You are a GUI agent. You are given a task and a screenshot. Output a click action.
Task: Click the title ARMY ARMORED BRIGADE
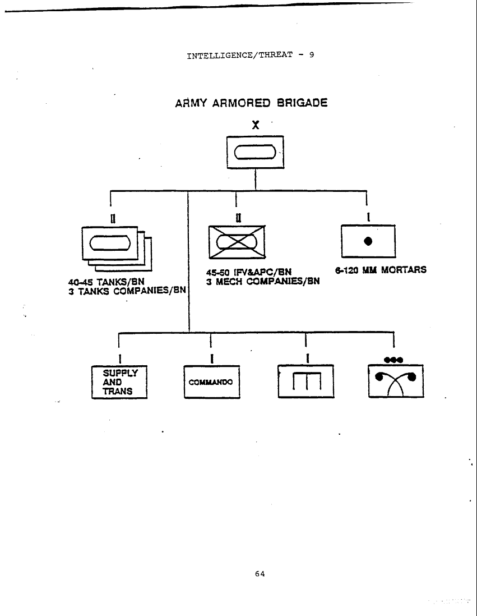coord(251,103)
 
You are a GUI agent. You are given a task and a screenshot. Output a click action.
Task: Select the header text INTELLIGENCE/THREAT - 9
coord(250,56)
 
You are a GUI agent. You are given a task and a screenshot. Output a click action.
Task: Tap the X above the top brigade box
coord(256,126)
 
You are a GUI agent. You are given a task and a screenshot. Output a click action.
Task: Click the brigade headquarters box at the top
coord(255,152)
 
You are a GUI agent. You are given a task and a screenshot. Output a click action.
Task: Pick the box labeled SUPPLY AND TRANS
coord(119,382)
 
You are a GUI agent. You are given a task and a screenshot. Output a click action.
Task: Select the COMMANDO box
coord(211,382)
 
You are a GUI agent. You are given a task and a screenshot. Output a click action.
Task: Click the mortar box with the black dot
coord(368,241)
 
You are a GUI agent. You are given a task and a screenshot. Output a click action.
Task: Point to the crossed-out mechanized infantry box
coord(237,241)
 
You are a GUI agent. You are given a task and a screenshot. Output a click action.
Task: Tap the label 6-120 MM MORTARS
coord(381,270)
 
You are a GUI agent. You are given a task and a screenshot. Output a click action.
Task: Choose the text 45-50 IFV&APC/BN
coord(249,273)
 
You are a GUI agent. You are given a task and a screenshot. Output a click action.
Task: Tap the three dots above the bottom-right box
coord(393,359)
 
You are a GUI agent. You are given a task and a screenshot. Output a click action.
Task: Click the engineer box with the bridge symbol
coord(305,381)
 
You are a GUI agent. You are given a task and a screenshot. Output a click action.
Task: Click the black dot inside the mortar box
coord(368,241)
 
